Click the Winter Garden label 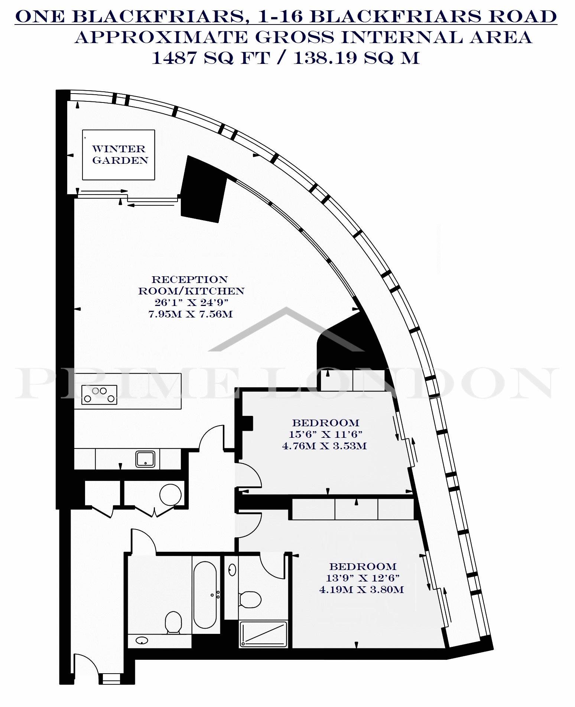point(120,154)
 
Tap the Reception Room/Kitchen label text point(191,285)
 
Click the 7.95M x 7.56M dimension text point(191,314)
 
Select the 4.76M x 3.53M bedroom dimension point(324,446)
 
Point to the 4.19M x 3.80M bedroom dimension point(361,589)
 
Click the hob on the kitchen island point(99,394)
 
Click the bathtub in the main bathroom point(205,594)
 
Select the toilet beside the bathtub point(173,622)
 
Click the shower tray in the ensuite point(264,635)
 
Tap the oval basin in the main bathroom point(142,641)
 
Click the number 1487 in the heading point(174,58)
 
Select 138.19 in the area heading point(325,58)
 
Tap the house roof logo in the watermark point(287,329)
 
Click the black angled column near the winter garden point(203,189)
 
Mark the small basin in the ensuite point(233,569)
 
